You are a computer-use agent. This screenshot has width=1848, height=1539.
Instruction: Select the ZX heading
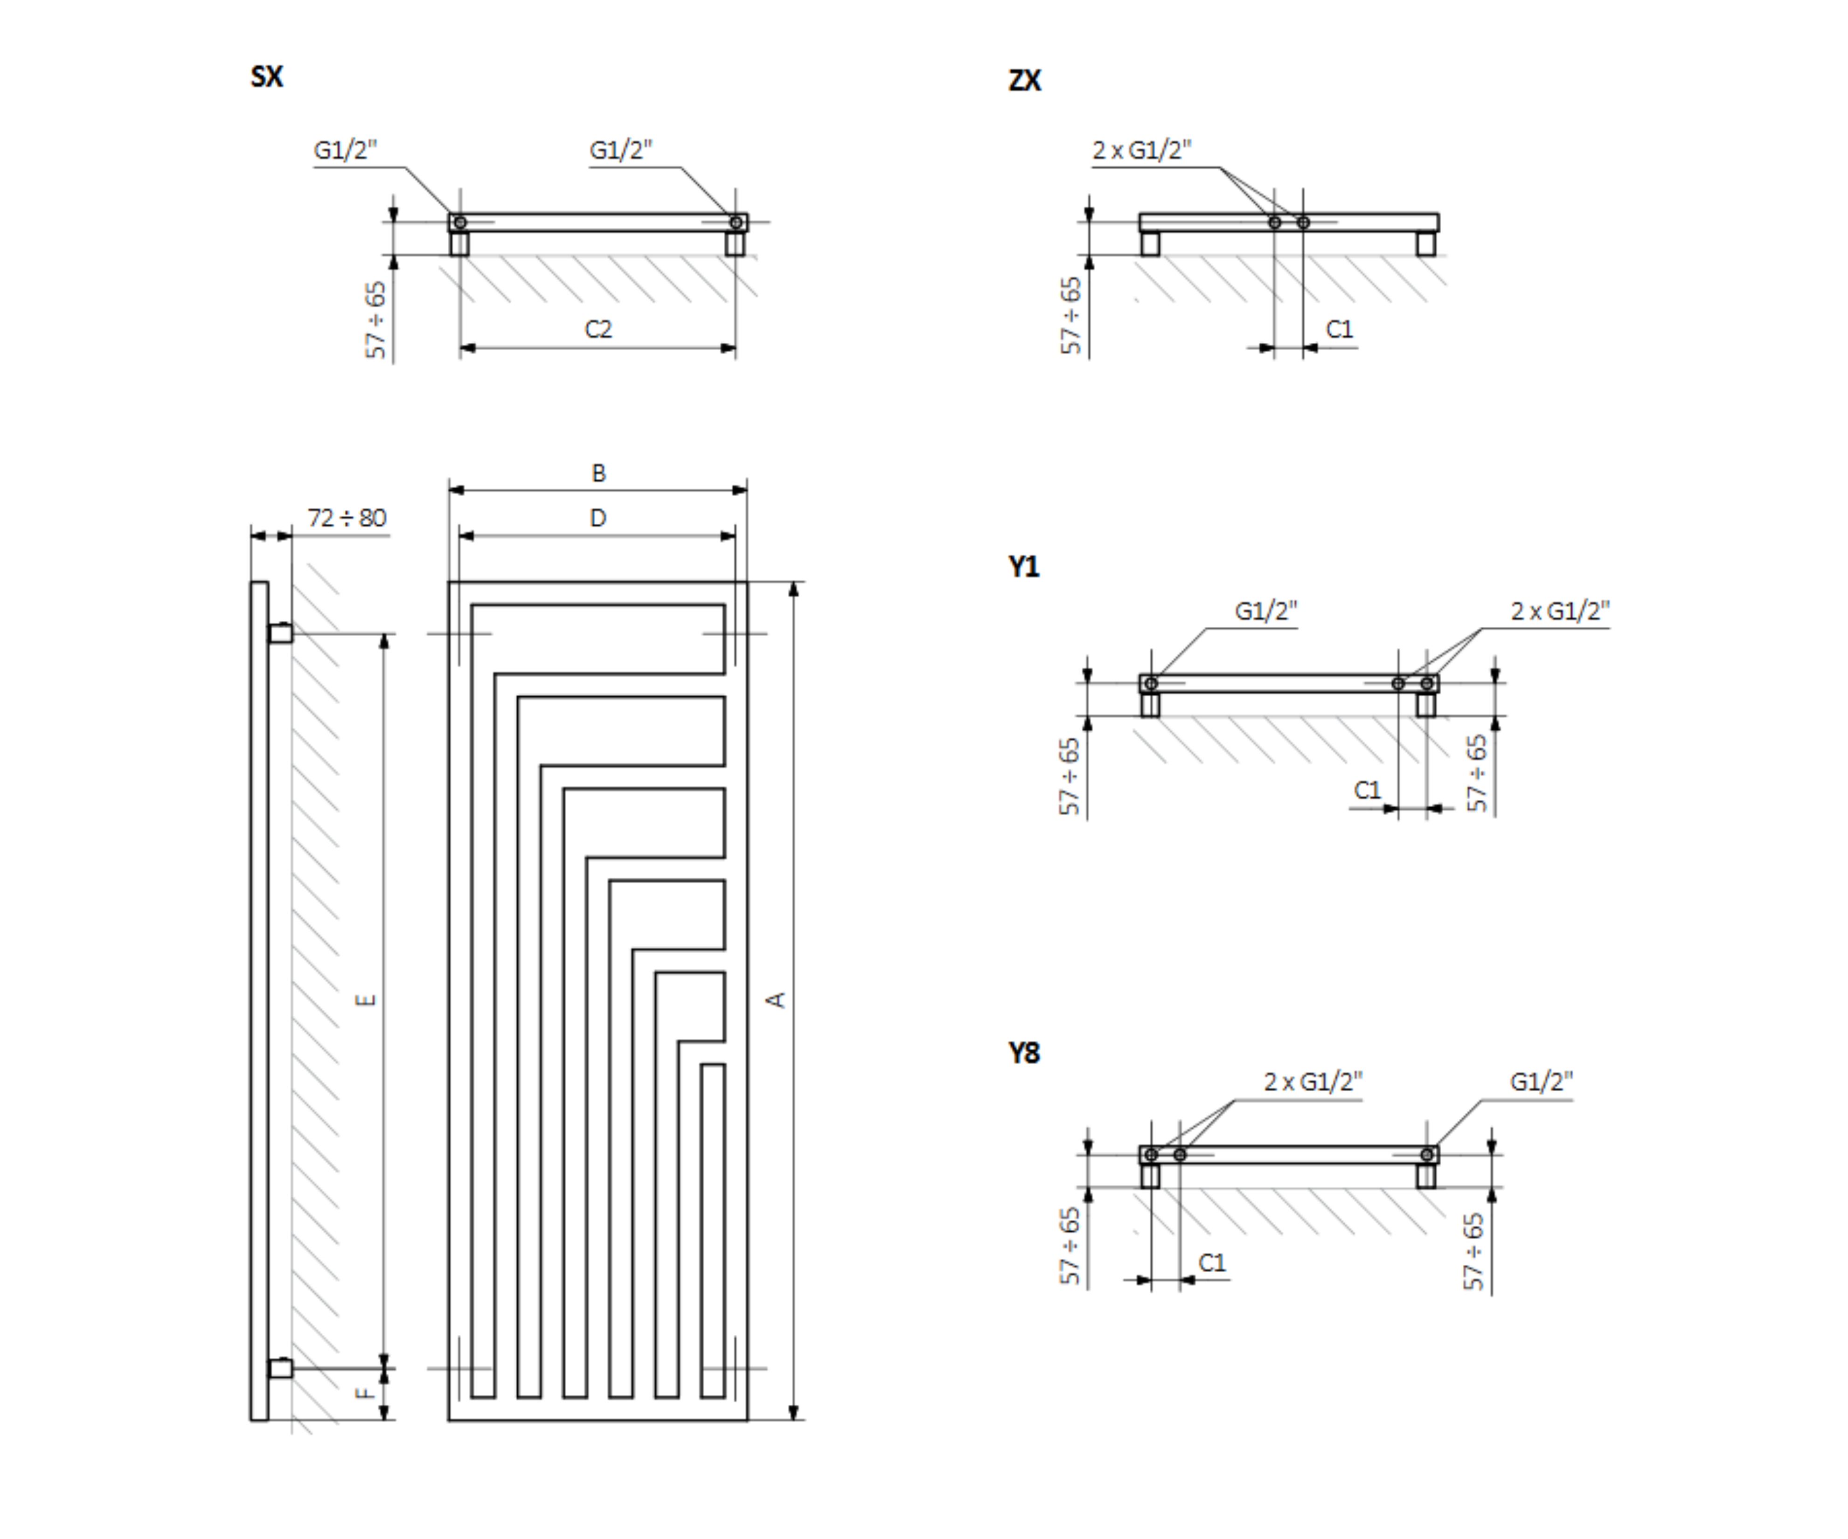pyautogui.click(x=1024, y=80)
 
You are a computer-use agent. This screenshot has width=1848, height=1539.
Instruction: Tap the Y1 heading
pyautogui.click(x=1023, y=567)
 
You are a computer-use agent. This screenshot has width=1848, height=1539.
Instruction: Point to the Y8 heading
pyautogui.click(x=1023, y=1053)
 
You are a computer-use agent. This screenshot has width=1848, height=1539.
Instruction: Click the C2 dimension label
pyautogui.click(x=598, y=329)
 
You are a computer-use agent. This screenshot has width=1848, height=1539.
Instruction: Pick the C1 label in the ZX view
pyautogui.click(x=1340, y=329)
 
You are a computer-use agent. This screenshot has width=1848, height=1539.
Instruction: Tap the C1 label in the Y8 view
pyautogui.click(x=1212, y=1263)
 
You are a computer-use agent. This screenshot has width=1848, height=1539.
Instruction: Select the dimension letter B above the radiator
pyautogui.click(x=598, y=473)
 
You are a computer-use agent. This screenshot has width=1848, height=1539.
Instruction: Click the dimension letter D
pyautogui.click(x=598, y=518)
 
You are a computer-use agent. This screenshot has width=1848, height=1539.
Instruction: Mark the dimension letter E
pyautogui.click(x=369, y=999)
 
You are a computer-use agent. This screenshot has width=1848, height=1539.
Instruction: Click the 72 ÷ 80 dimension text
pyautogui.click(x=347, y=518)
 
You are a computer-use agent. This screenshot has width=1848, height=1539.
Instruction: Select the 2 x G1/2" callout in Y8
pyautogui.click(x=1313, y=1081)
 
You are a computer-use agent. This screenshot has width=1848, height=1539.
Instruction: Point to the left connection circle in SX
pyautogui.click(x=460, y=222)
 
